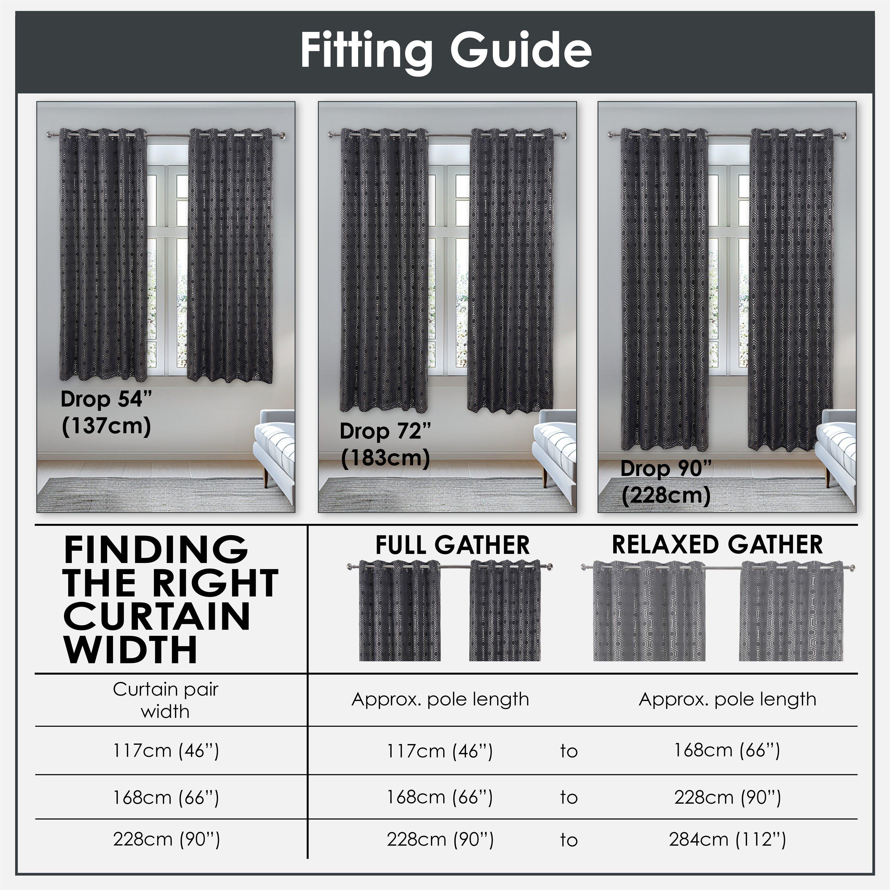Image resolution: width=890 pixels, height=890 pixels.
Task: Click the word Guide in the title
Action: (x=521, y=51)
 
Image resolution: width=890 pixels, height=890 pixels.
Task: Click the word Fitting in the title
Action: (x=366, y=51)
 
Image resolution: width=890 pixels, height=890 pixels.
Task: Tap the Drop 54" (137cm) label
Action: (x=106, y=413)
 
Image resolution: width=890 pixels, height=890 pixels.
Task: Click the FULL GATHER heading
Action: (x=452, y=545)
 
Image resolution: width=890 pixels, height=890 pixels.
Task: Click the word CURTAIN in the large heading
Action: (x=157, y=616)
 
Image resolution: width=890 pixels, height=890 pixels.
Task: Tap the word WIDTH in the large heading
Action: (x=130, y=649)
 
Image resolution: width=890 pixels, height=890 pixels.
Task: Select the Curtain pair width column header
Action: (x=165, y=700)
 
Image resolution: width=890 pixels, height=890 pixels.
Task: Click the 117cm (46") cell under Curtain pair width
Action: (x=166, y=751)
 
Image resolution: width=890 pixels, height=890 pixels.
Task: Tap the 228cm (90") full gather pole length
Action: (x=440, y=840)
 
